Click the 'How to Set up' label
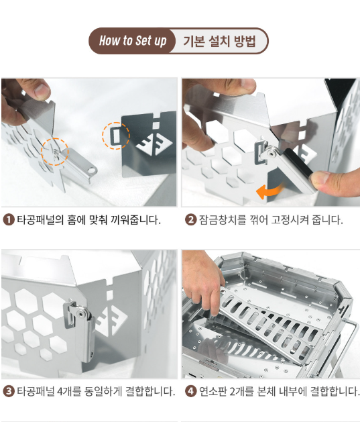(x=133, y=41)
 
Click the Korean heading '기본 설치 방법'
(x=219, y=41)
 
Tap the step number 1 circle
(x=9, y=219)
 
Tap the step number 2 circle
(x=190, y=219)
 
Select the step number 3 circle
(x=9, y=390)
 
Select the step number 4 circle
(x=190, y=390)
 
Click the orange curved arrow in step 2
(x=269, y=191)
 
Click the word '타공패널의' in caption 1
(x=41, y=220)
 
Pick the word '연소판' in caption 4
(x=213, y=391)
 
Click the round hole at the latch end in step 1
(x=92, y=170)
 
